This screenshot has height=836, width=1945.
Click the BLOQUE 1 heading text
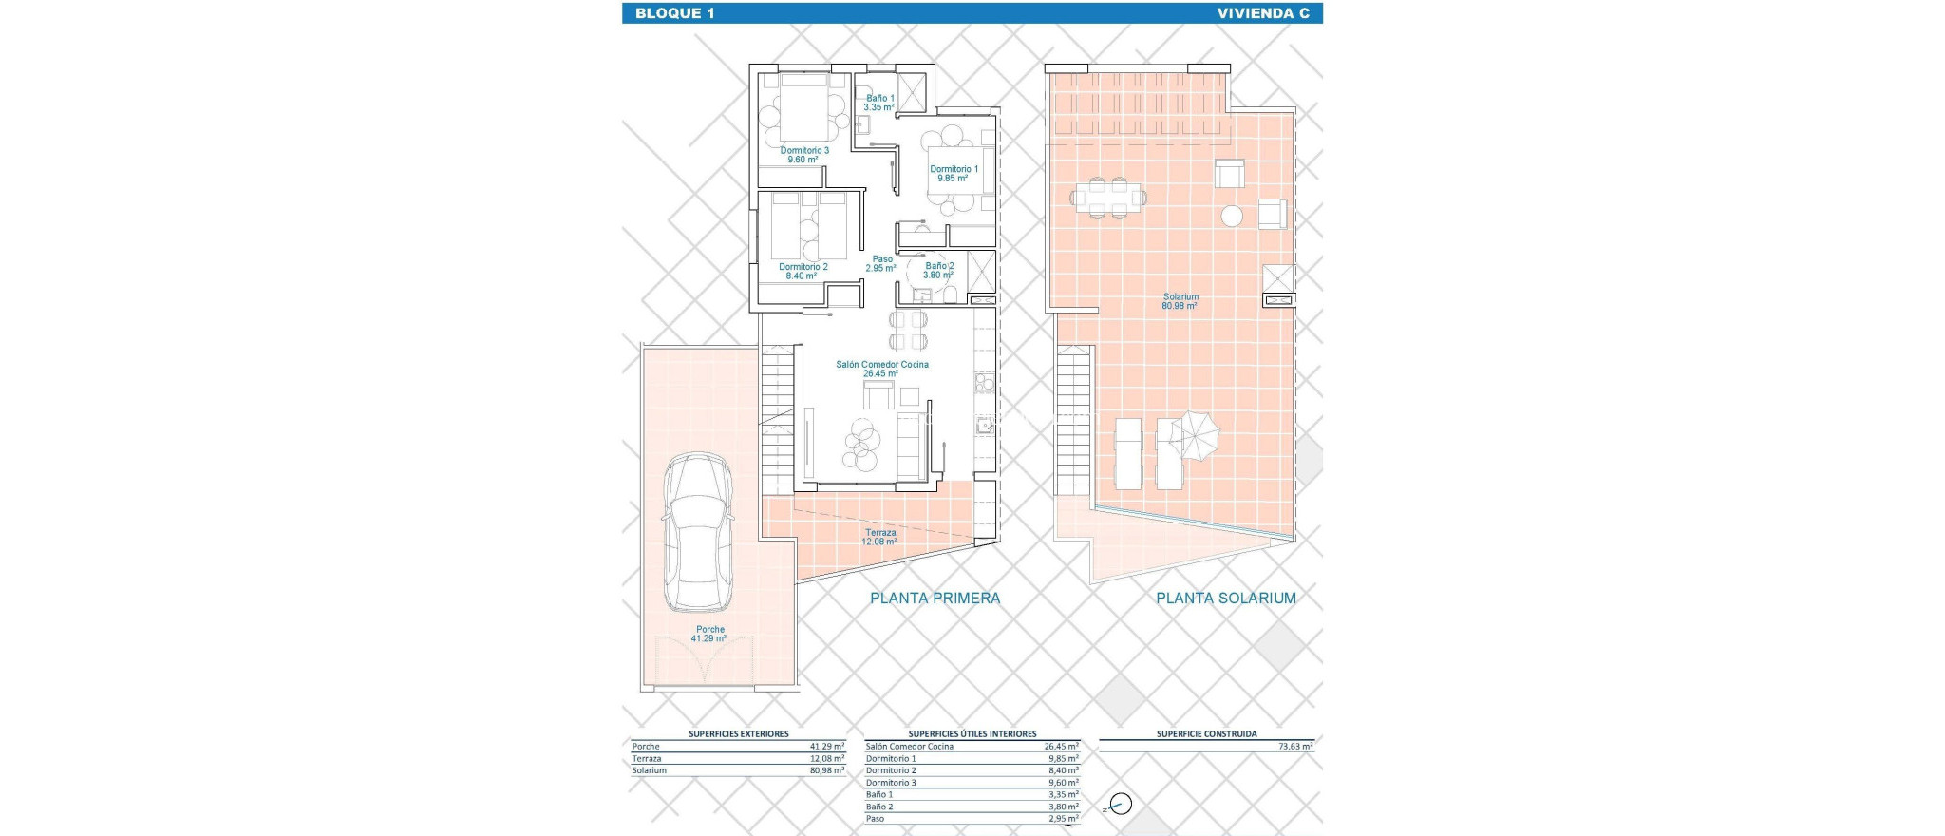pos(674,13)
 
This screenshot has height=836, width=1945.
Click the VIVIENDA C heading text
pos(1262,13)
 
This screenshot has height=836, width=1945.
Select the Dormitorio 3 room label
pos(804,155)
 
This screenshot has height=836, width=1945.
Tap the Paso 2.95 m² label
pos(882,263)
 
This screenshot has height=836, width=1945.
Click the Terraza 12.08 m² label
pos(880,537)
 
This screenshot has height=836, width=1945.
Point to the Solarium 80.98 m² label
pos(1180,301)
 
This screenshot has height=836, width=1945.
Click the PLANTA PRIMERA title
pos(935,598)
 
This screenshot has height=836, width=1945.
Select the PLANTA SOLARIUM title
pos(1225,598)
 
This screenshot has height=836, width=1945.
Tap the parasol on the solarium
pos(1194,435)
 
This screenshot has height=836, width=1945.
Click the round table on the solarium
pos(1232,217)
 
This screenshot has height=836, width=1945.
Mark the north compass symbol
pos(1121,805)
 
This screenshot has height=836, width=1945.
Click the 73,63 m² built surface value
pos(1294,747)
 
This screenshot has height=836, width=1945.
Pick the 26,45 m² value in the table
pos(1061,747)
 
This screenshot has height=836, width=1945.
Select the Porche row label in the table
pos(646,747)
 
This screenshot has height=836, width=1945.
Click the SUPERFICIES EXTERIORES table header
pos(738,733)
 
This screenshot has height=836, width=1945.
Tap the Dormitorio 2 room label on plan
pos(803,271)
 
